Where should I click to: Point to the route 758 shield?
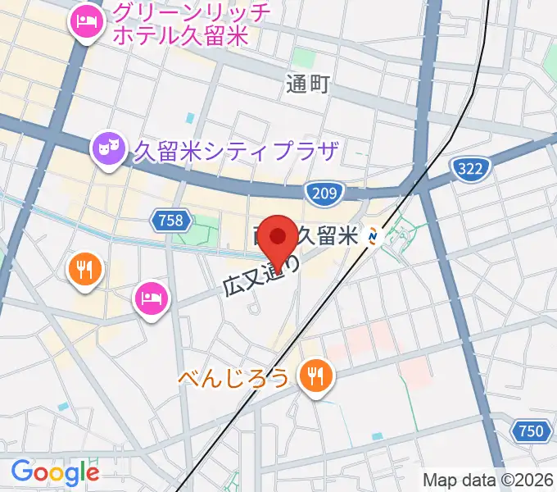[172, 220]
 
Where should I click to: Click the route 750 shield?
[530, 431]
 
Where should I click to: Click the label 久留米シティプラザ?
[236, 152]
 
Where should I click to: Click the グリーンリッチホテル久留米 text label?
[182, 25]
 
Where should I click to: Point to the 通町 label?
[308, 84]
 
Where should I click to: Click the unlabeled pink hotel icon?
[152, 298]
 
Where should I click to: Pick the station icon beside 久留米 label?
[374, 237]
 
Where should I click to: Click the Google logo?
[55, 472]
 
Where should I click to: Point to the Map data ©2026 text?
[488, 481]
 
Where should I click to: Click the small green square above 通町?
[304, 57]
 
